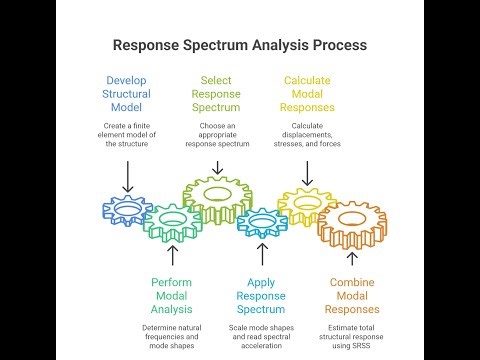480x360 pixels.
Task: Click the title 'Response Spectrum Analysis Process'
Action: (239, 45)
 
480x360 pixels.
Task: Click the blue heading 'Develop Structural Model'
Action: (128, 94)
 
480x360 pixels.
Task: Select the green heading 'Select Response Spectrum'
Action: (217, 94)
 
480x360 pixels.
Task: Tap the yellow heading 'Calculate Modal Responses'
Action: (308, 94)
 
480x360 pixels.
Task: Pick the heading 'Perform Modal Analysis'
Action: (172, 296)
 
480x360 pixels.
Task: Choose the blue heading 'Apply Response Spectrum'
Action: (261, 296)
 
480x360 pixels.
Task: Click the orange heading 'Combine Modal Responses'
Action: (351, 296)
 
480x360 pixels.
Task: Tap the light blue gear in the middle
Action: (262, 221)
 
